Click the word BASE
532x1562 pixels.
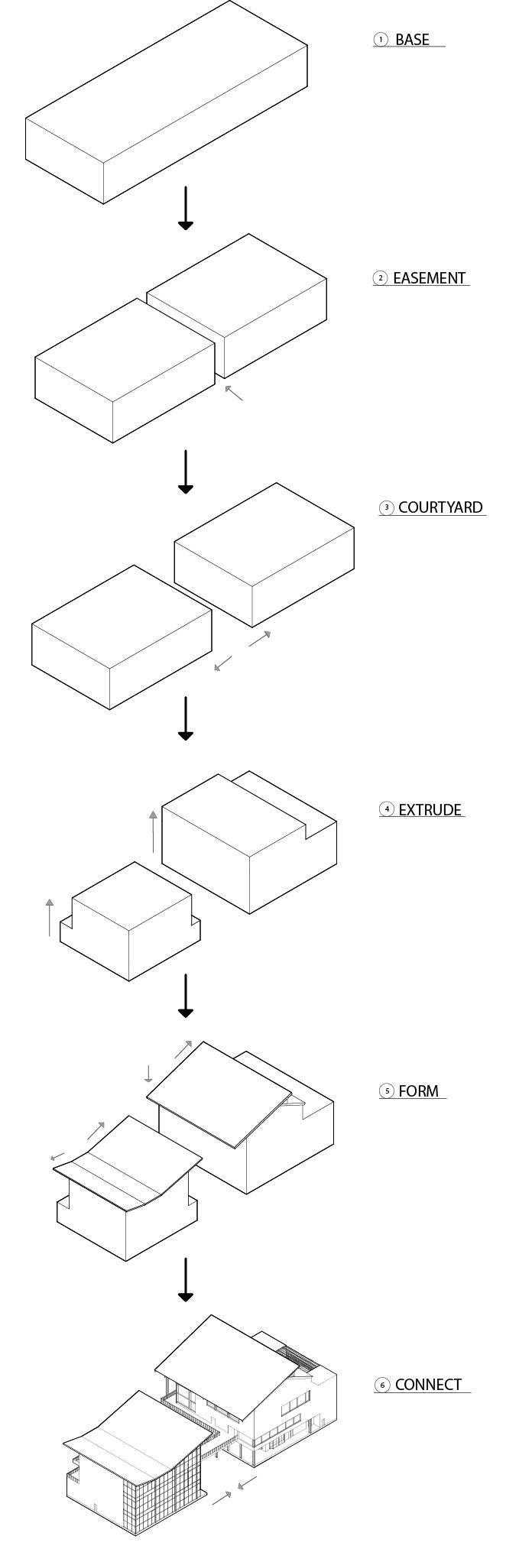412,40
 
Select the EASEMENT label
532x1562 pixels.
429,278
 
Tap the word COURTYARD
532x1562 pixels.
440,507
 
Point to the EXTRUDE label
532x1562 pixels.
430,810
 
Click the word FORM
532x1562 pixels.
419,1091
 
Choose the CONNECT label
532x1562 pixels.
429,1385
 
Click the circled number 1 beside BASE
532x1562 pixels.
381,40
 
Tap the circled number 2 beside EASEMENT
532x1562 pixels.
381,278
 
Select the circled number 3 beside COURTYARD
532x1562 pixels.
387,507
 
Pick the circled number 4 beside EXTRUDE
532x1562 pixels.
388,810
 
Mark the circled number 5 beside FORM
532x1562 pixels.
388,1091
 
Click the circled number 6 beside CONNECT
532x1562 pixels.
382,1385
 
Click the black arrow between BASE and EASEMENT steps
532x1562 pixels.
185,209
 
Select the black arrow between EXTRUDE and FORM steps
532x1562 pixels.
185,996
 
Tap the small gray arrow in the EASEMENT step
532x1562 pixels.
234,393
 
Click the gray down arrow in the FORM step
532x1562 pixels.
148,1073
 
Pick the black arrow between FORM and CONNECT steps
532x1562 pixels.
185,1280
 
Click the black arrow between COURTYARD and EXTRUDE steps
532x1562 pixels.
185,718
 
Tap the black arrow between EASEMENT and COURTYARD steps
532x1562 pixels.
185,472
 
